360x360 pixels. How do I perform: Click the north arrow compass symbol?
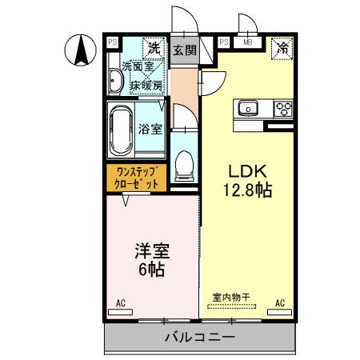point(81,50)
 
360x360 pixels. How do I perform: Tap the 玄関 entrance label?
point(183,50)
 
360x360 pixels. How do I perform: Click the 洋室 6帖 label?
point(151,260)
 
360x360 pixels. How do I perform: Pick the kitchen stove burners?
point(283,107)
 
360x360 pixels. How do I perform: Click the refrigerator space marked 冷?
point(282,48)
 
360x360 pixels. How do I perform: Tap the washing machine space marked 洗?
point(153,47)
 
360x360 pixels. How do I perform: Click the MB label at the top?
point(248,42)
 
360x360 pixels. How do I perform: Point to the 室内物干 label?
point(231,298)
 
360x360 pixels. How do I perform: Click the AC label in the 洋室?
point(122,303)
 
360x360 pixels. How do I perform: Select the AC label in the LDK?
point(281,303)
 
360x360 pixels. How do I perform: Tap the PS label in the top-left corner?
point(113,42)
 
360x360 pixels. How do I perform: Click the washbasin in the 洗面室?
point(114,81)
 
